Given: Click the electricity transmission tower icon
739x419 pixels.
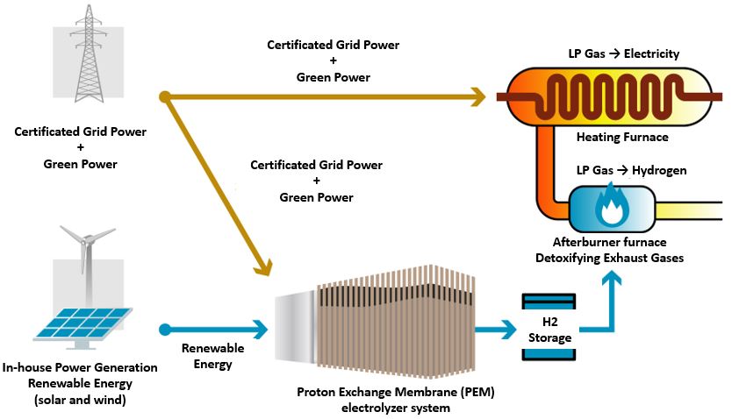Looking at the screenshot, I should pos(87,57).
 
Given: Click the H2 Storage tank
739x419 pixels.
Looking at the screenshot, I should pos(550,326).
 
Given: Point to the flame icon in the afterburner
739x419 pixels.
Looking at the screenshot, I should pos(608,208).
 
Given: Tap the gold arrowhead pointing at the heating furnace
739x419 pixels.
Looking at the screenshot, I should pos(479,96).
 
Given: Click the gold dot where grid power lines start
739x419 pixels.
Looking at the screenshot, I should pos(163,96).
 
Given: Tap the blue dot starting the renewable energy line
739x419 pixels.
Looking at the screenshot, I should pos(163,330).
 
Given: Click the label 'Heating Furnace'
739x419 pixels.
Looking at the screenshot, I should pos(622,137).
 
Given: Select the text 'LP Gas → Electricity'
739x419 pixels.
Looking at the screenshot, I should pos(623,54).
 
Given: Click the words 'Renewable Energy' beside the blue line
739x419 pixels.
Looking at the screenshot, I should pos(212,356).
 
